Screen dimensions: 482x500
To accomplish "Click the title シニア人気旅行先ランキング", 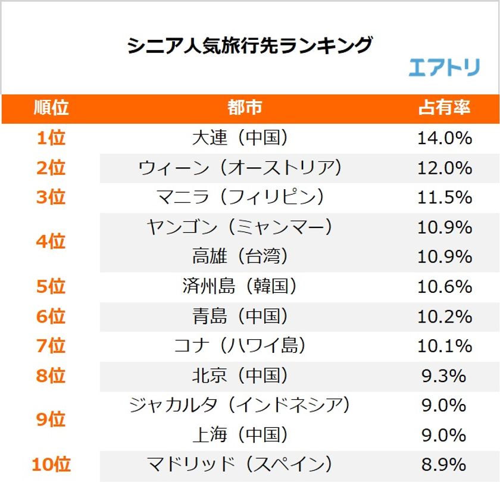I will (x=250, y=46).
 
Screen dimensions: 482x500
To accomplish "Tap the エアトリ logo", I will (x=444, y=68).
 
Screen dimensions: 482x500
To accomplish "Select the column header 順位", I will (x=51, y=108).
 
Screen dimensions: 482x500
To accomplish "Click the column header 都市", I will (x=244, y=108).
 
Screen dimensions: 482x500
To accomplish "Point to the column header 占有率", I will (x=444, y=108).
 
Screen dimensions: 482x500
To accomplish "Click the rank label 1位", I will (x=51, y=138).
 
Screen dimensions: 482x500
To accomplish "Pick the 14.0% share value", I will (x=444, y=138).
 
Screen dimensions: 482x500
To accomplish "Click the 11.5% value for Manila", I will (x=444, y=197).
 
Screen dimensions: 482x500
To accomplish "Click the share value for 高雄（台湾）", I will (x=444, y=256).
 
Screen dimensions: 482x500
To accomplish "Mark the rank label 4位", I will (x=51, y=242).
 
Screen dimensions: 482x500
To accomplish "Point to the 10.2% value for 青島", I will (x=444, y=316).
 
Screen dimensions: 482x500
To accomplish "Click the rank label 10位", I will (x=51, y=465).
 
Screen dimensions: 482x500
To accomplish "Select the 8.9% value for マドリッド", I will (x=444, y=465).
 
